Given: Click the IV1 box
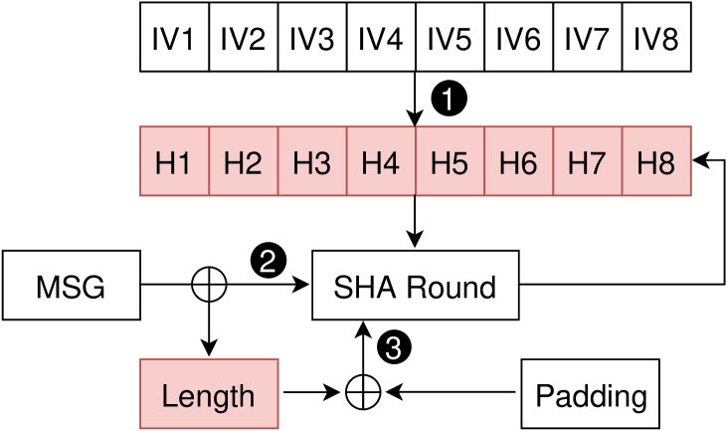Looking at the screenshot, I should (x=174, y=39).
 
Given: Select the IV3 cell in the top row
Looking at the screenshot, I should (x=311, y=39).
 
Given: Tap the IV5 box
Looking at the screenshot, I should (x=449, y=39).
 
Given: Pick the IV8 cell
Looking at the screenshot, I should (x=655, y=39).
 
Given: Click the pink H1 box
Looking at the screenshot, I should (x=174, y=161).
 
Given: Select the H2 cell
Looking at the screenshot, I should (x=243, y=161).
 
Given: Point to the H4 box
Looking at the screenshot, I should (x=380, y=161).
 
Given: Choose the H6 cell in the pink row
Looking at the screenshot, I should (x=518, y=161).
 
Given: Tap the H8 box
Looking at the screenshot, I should (x=655, y=161).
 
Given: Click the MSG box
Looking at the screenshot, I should (x=71, y=287).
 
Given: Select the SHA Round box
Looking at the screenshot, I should (x=415, y=287).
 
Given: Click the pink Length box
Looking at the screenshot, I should (x=208, y=395).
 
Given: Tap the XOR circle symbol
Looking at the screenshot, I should (x=209, y=286).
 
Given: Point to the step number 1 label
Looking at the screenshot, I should (x=448, y=100).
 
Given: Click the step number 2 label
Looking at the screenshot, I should (x=268, y=263).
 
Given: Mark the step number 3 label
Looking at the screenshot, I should (x=393, y=348).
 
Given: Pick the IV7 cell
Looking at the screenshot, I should (x=587, y=39).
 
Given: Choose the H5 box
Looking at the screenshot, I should (x=449, y=161).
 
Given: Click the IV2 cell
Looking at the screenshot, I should (x=243, y=39).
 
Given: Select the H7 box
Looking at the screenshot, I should (x=587, y=161).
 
